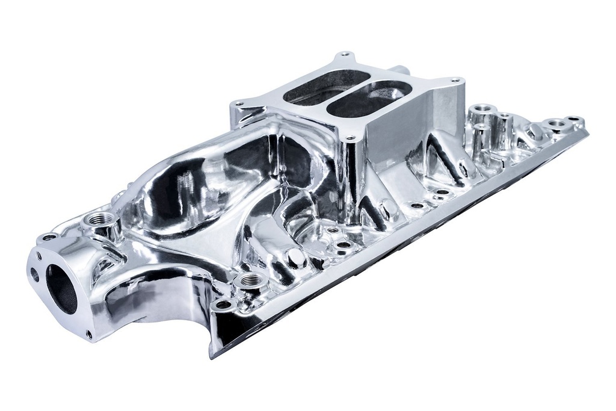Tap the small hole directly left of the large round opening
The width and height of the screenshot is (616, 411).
tap(34, 274)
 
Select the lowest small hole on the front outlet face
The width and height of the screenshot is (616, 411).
tap(89, 333)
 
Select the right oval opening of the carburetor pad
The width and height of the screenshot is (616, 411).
tap(368, 98)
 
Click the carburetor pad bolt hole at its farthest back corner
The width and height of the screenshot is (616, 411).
tap(345, 54)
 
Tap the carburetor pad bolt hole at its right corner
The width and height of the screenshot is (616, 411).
tap(455, 80)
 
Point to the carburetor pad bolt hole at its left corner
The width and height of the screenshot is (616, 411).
tap(239, 104)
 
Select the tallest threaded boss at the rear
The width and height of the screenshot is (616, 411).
tap(482, 112)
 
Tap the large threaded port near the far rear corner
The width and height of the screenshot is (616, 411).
tap(556, 124)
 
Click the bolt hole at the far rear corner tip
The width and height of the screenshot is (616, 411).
tap(574, 119)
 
